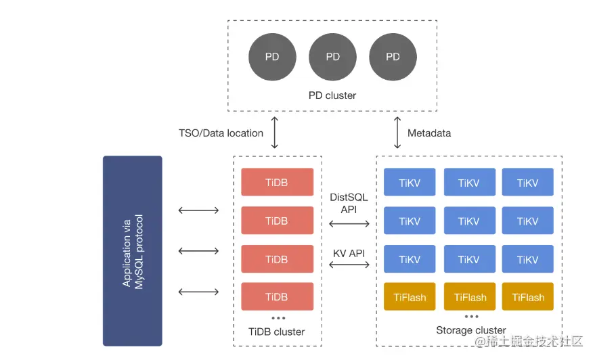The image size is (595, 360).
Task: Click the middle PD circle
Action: click(x=332, y=57)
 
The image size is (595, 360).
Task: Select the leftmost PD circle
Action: click(x=272, y=57)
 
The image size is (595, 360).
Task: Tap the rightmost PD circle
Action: click(x=393, y=57)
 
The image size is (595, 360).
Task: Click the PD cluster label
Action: click(x=332, y=95)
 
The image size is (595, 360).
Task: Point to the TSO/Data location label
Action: click(x=221, y=133)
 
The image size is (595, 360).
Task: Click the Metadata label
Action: click(x=429, y=133)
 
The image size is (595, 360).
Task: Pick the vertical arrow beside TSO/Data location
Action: click(x=274, y=133)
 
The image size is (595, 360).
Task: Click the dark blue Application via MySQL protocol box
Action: click(x=132, y=251)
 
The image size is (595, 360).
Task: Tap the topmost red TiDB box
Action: click(x=277, y=183)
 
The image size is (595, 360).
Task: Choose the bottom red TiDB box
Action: click(x=277, y=297)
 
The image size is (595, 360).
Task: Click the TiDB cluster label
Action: click(x=278, y=332)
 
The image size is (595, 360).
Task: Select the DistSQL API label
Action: click(x=349, y=203)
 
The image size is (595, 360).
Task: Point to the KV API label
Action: click(x=349, y=253)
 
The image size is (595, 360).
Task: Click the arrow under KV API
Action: click(x=349, y=265)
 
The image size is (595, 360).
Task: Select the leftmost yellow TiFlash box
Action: click(x=410, y=297)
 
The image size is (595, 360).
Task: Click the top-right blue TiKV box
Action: click(x=527, y=183)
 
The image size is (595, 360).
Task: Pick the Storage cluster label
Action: click(x=471, y=330)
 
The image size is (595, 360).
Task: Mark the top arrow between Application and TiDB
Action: click(x=199, y=210)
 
